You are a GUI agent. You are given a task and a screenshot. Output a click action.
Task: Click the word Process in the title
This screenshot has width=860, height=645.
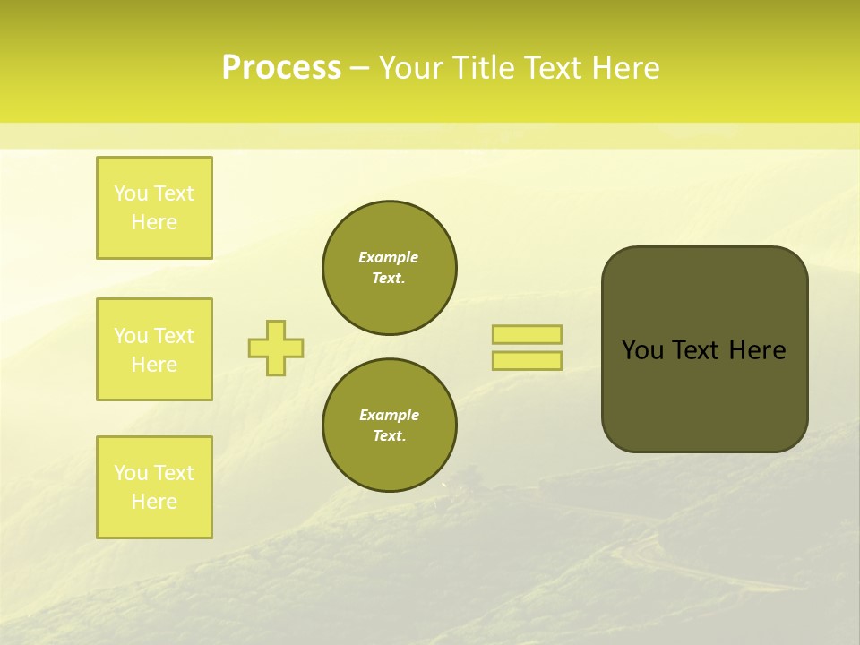pos(281,68)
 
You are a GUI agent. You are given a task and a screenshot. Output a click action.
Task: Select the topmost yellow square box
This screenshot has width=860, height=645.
pos(154,208)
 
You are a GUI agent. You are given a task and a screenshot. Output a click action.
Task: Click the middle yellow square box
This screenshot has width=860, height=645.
pos(154,349)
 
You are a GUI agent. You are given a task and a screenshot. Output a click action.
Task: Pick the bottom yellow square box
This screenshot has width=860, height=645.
pos(154,487)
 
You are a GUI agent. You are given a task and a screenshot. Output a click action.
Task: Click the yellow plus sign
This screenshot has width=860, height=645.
pos(276,348)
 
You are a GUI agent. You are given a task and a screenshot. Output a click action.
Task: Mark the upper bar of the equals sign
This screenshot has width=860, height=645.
pos(527,334)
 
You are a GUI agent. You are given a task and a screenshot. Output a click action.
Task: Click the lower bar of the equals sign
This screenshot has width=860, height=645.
pos(527,361)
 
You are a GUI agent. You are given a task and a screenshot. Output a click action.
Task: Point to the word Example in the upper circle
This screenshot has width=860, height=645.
pos(389,257)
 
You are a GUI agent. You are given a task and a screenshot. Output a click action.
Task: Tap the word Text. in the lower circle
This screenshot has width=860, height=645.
pos(389,436)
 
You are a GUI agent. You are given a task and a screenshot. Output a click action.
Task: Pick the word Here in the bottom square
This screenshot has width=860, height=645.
pos(154,502)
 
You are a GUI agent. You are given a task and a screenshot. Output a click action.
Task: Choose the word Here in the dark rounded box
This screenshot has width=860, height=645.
pos(757,350)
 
